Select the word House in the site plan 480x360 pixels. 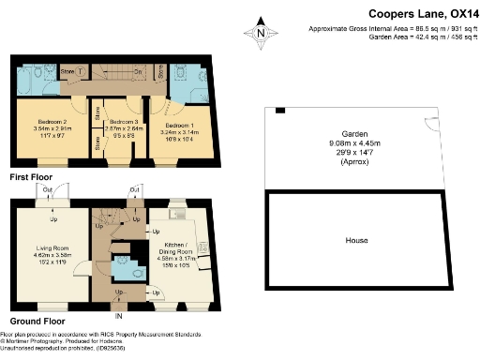pos(356,241)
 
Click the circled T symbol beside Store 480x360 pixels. pos(81,71)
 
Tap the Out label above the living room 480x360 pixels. pos(46,188)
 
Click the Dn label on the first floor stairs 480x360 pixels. pos(137,71)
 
